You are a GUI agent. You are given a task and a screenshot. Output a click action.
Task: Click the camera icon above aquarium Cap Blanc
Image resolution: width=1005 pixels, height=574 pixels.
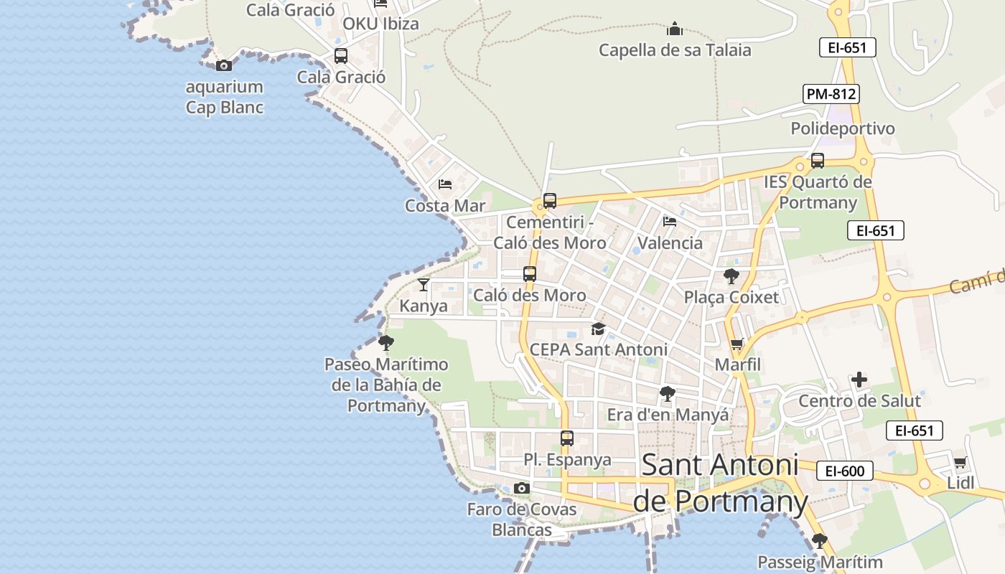point(224,65)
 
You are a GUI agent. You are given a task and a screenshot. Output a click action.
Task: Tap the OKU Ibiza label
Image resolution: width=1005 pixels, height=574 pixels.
point(380,24)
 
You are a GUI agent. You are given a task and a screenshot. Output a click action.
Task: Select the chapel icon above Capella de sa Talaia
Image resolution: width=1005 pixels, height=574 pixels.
point(674,29)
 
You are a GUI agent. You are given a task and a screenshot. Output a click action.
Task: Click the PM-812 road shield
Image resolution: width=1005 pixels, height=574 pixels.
point(831,93)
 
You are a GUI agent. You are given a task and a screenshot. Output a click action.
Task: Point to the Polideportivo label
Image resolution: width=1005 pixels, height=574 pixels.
point(843,128)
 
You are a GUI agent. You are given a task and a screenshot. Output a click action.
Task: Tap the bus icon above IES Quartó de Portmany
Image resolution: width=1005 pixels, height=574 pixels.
point(818,161)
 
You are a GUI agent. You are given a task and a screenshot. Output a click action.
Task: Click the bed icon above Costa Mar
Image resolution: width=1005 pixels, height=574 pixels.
point(445,184)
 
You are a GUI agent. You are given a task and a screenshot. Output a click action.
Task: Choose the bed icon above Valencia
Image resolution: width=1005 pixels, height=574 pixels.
point(670,221)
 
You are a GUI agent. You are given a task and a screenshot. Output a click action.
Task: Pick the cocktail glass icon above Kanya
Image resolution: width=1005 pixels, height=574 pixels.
point(424,285)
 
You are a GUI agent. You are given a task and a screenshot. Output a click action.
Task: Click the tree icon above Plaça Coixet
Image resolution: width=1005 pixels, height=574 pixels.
point(731,276)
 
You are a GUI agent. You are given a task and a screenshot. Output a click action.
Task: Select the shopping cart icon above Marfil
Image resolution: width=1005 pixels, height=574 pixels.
point(737,344)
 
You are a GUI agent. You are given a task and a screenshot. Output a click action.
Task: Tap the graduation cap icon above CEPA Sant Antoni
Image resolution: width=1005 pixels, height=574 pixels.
point(598,329)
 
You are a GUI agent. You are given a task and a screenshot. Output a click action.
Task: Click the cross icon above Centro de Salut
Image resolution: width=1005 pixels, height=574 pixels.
point(859,379)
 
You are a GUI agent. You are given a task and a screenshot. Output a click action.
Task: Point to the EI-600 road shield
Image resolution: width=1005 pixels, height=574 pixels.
point(845,471)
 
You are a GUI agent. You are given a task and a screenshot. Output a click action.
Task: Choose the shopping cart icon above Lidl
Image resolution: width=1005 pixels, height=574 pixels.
point(960,462)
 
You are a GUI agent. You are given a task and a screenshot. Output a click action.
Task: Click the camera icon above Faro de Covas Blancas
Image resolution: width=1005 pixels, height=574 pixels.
point(522,489)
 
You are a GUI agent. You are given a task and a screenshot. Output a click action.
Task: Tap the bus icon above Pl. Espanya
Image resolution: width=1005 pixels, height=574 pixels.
point(567,438)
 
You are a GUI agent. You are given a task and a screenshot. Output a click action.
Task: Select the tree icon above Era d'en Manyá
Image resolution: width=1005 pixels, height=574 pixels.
point(668,393)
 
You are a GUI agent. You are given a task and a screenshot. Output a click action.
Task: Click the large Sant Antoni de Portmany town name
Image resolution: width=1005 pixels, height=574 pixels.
point(720,482)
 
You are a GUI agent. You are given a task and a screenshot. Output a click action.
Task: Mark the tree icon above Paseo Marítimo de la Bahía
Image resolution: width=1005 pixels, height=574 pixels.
point(386,342)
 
